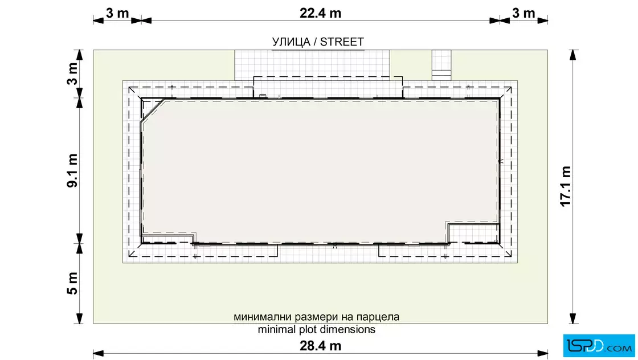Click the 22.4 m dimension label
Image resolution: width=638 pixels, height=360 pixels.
pos(320,13)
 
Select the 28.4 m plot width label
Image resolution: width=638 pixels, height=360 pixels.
pos(320,346)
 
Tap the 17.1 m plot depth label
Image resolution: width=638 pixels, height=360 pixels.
pos(566,186)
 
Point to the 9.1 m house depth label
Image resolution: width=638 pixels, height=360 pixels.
pos(72,170)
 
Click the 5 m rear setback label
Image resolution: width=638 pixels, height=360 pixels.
pos(72,283)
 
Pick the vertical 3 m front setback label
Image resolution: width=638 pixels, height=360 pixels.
pos(72,73)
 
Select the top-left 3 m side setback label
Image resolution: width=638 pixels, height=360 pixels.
pos(117,13)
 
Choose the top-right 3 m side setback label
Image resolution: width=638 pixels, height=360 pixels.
pos(524,13)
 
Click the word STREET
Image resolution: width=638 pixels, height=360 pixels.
pos(342,42)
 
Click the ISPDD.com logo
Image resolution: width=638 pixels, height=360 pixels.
pos(599,346)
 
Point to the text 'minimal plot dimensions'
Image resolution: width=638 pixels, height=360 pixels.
pos(317,329)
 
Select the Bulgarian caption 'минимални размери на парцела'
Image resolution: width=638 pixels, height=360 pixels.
pos(317,317)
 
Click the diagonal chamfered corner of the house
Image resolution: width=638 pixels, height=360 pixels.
pos(153,110)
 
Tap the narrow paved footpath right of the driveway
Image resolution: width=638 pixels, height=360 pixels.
pos(441,65)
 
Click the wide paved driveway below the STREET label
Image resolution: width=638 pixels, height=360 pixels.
pos(312,65)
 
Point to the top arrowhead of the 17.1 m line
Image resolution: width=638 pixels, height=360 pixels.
pos(573,55)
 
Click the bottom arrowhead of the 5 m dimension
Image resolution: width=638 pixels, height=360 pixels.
pos(79,318)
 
